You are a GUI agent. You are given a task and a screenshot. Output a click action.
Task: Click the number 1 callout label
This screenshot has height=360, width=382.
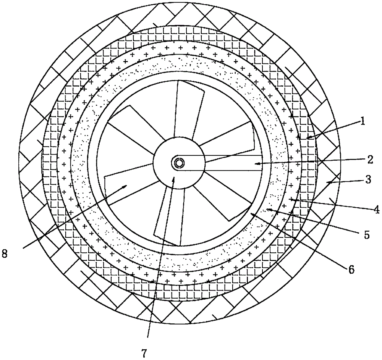pyautogui.click(x=363, y=122)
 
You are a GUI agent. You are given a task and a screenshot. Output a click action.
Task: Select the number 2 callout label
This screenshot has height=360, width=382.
pyautogui.click(x=369, y=160)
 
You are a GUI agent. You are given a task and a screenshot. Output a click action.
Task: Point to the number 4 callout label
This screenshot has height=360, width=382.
pyautogui.click(x=376, y=209)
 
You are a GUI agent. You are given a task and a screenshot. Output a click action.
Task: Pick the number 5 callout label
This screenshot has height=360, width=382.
pyautogui.click(x=366, y=235)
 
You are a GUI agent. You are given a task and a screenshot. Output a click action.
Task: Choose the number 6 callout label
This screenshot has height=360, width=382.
pyautogui.click(x=351, y=270)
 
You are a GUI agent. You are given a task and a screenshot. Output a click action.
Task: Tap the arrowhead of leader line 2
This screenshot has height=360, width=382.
pyautogui.click(x=256, y=163)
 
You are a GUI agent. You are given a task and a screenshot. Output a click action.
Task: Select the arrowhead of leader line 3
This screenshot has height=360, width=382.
pyautogui.click(x=327, y=184)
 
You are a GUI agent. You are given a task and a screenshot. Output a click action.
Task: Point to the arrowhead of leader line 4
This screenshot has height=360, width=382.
pyautogui.click(x=290, y=199)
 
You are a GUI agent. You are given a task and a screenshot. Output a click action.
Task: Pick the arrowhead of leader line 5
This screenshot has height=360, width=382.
pyautogui.click(x=267, y=209)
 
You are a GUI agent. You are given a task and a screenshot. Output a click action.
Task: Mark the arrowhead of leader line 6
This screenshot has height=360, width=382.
pyautogui.click(x=251, y=214)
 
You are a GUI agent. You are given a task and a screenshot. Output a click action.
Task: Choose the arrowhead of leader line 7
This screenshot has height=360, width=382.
pyautogui.click(x=174, y=178)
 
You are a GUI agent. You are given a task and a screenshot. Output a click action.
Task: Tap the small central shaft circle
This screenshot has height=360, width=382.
pyautogui.click(x=178, y=163)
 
